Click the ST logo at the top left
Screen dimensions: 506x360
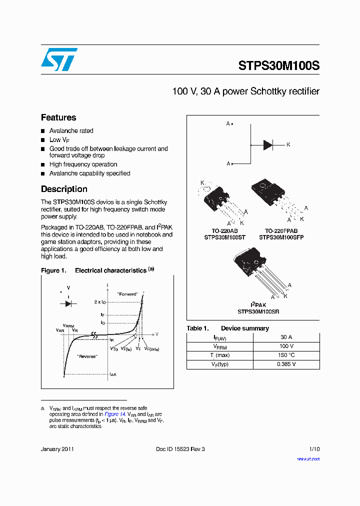[x=59, y=59]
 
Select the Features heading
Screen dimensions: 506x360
[x=58, y=117]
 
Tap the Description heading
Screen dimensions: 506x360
[x=64, y=189]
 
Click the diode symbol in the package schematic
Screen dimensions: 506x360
[x=268, y=145]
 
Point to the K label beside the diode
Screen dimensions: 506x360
[x=288, y=144]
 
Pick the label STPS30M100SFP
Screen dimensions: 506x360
[x=281, y=237]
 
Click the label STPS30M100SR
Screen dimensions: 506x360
[x=258, y=311]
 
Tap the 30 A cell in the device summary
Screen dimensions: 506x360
[x=286, y=337]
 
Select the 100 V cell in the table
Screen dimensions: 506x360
[x=286, y=346]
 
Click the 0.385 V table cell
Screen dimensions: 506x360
[x=286, y=364]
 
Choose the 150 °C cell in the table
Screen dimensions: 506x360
[x=286, y=355]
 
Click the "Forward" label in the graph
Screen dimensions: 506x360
[x=127, y=294]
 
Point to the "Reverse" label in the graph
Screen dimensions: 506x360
[x=87, y=356]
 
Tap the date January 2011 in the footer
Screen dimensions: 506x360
[x=57, y=449]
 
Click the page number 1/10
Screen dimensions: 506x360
[x=314, y=449]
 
